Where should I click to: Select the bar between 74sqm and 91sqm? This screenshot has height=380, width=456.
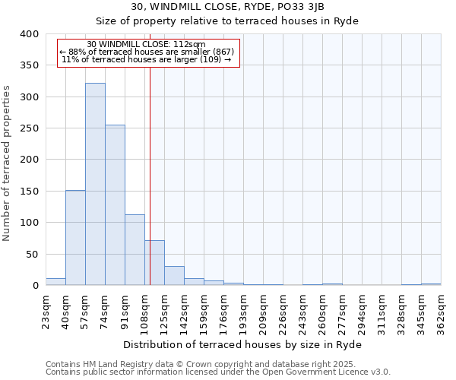tap(115, 205)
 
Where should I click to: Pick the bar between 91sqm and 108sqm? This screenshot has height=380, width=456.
tap(135, 250)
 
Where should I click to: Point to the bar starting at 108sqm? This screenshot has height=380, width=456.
tap(155, 263)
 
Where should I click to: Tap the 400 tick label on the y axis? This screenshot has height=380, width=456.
tap(29, 34)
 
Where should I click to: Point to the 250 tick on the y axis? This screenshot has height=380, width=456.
tap(29, 128)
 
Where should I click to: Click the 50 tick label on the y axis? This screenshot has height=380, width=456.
tap(32, 254)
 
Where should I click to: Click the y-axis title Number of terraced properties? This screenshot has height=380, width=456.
tap(7, 163)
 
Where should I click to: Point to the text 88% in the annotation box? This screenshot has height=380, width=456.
tap(76, 52)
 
